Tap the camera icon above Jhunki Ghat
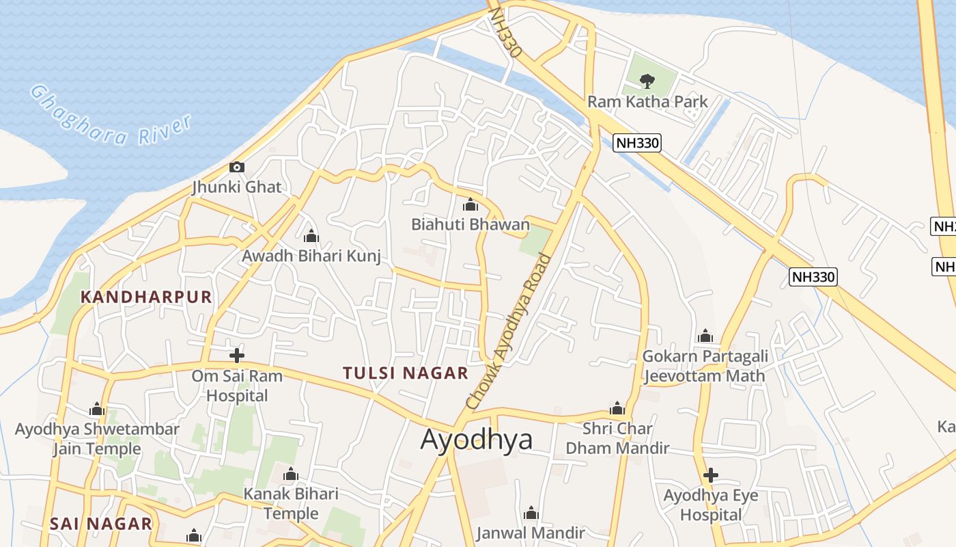237,167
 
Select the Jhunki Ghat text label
236,187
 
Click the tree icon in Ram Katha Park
647,81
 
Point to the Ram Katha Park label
647,102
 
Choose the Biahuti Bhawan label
470,224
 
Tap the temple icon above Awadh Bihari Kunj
311,237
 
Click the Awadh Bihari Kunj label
311,256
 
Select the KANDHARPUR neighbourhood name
146,297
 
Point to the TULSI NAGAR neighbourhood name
406,373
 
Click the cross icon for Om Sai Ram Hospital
237,355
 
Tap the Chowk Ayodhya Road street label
508,332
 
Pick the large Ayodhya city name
476,440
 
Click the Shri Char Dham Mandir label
617,438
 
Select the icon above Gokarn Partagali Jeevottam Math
705,336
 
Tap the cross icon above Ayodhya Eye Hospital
711,475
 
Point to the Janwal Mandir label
531,533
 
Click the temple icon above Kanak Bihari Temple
291,474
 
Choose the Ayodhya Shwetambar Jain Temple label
97,439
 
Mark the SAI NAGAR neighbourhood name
101,524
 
